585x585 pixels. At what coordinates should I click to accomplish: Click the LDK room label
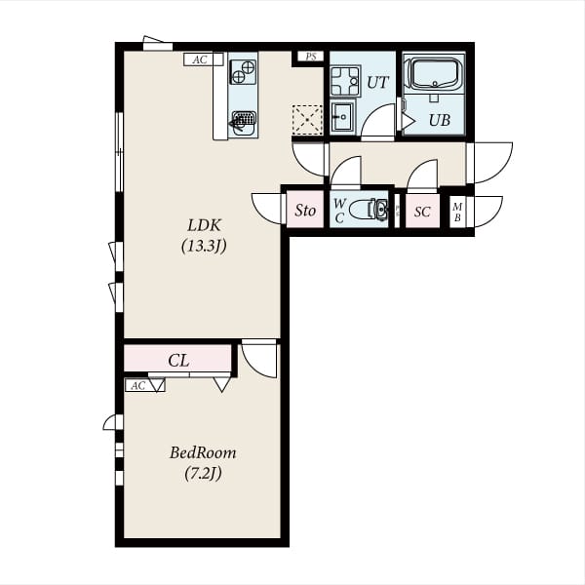click(x=204, y=225)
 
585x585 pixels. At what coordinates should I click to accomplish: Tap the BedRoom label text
click(x=203, y=452)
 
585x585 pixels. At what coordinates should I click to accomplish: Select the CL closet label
click(x=178, y=361)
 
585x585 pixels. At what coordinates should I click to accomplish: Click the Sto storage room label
click(x=305, y=211)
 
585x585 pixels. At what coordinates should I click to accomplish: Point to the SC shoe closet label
click(x=422, y=212)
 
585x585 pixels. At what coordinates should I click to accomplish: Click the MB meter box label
click(x=457, y=212)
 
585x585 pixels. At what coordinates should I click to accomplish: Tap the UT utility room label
click(x=378, y=82)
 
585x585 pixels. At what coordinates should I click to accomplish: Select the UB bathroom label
click(x=440, y=120)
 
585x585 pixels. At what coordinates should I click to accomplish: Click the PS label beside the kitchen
click(x=311, y=57)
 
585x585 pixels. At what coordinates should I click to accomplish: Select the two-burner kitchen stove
click(x=243, y=72)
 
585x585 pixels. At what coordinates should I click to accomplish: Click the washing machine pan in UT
click(x=345, y=81)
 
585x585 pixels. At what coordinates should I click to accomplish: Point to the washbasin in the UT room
click(x=342, y=116)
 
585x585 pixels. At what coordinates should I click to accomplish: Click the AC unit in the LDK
click(x=204, y=59)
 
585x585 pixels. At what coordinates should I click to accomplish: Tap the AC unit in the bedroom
click(x=144, y=385)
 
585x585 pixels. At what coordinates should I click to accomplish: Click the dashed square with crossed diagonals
click(x=307, y=120)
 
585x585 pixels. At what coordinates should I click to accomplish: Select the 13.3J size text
click(x=204, y=246)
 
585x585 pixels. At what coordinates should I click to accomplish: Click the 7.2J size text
click(x=204, y=474)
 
